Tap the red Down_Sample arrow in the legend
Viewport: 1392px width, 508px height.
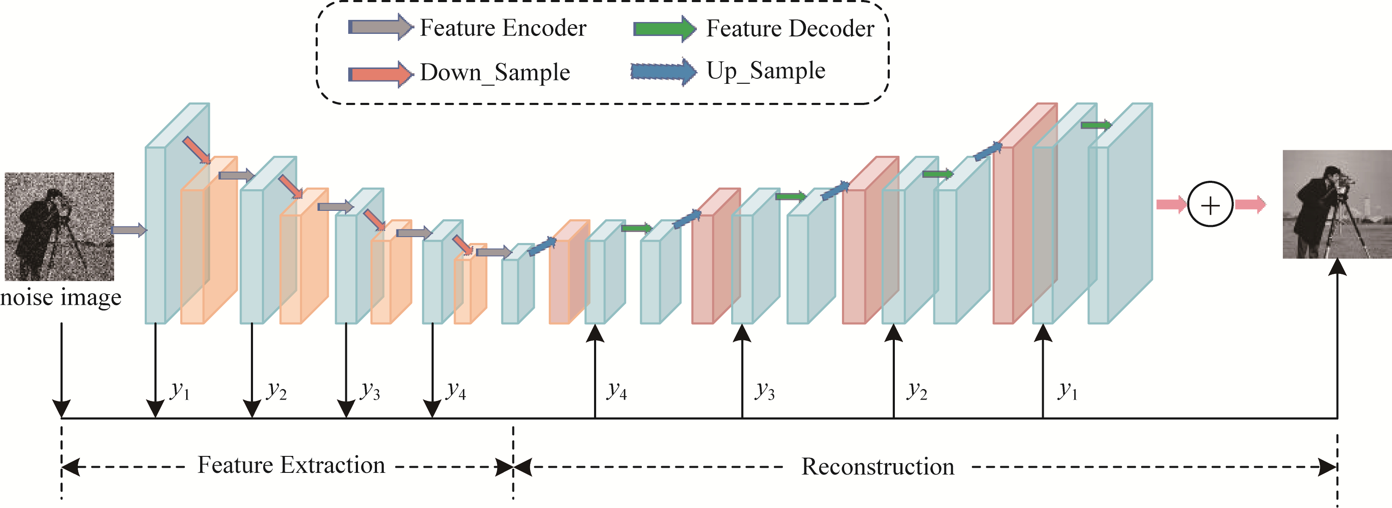coord(381,74)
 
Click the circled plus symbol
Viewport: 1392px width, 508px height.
coord(1210,205)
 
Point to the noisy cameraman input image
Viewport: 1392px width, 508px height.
coord(59,226)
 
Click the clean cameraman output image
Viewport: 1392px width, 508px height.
coord(1337,204)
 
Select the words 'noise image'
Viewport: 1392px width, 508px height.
coord(61,298)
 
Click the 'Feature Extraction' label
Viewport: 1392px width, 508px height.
coord(291,465)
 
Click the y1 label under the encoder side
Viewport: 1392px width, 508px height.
coord(180,390)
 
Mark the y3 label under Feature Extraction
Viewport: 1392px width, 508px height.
coord(371,390)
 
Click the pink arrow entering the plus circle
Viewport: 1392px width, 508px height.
coord(1171,204)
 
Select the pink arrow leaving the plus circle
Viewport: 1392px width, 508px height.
coord(1250,204)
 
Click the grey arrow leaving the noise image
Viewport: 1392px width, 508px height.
coord(129,230)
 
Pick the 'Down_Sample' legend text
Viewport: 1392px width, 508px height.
coord(495,73)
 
